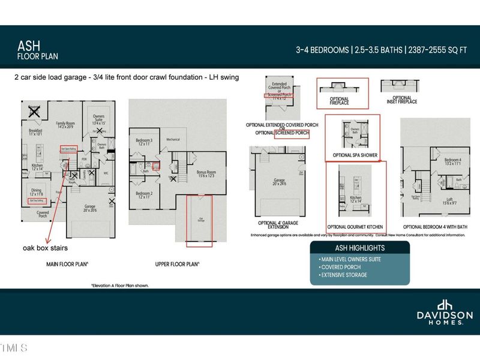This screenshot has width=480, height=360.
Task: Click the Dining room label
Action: click(37, 190)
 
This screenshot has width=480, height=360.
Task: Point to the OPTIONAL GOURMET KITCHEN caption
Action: click(356, 227)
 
